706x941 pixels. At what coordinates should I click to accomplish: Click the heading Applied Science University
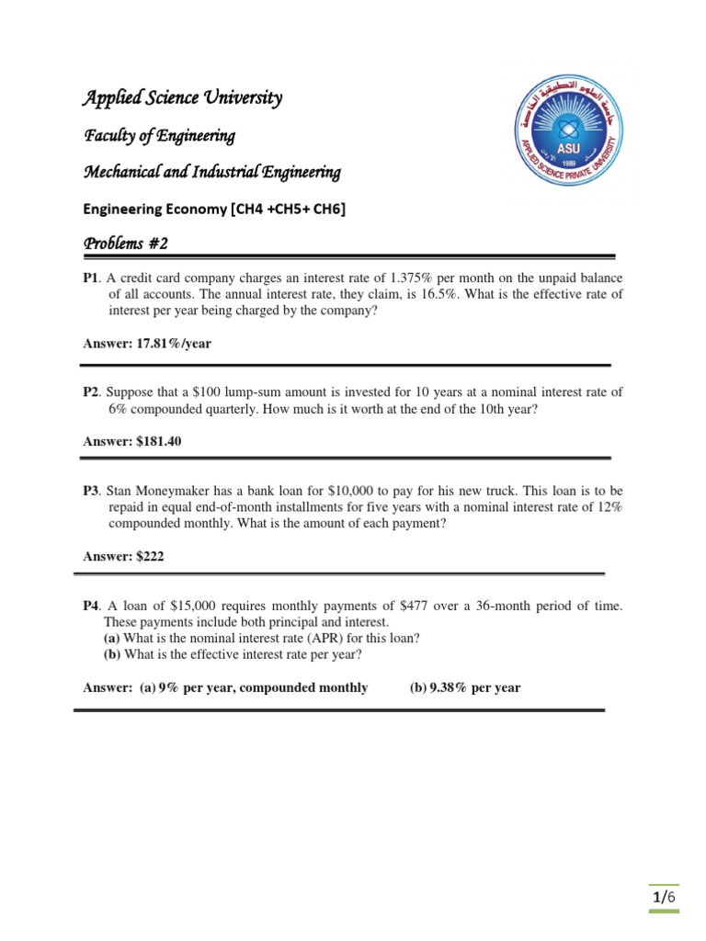(x=183, y=98)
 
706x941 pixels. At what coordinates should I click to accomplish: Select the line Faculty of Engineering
(x=160, y=136)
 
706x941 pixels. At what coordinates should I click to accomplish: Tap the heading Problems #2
(x=126, y=244)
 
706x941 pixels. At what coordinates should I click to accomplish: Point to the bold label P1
(x=90, y=278)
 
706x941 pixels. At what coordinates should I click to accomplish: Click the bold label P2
(x=90, y=391)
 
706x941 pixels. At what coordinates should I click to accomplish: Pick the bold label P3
(x=90, y=490)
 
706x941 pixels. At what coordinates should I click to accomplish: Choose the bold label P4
(x=90, y=606)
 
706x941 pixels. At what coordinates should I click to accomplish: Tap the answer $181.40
(x=158, y=441)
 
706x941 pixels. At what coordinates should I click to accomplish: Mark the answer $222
(x=151, y=556)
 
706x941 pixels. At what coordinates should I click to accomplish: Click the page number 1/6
(x=664, y=897)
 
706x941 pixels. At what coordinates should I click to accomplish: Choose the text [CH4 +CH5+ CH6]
(x=287, y=209)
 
